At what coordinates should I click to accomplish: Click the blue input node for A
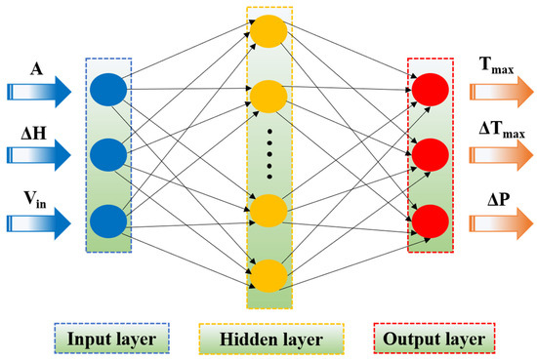[108, 90]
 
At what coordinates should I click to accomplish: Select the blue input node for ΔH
[108, 155]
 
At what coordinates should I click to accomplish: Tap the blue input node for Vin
[108, 221]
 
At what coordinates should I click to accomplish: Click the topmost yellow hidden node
[268, 31]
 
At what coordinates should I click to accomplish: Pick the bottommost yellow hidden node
[268, 276]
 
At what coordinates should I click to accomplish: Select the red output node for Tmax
[431, 90]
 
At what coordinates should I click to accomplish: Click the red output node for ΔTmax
[431, 155]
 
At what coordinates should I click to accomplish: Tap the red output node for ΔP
[431, 221]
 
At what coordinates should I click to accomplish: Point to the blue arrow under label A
[39, 92]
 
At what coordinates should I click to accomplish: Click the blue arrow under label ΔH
[39, 155]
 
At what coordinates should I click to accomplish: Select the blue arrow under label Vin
[39, 223]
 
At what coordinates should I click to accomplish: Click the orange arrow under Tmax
[502, 92]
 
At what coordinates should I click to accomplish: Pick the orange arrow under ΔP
[502, 223]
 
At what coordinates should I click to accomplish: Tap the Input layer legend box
[112, 339]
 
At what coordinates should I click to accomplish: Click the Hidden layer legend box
[271, 339]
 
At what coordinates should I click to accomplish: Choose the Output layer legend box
[434, 339]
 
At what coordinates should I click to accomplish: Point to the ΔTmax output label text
[502, 131]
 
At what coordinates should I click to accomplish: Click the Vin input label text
[35, 199]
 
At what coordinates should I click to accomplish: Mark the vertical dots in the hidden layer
[269, 154]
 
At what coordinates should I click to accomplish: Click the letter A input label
[37, 69]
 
